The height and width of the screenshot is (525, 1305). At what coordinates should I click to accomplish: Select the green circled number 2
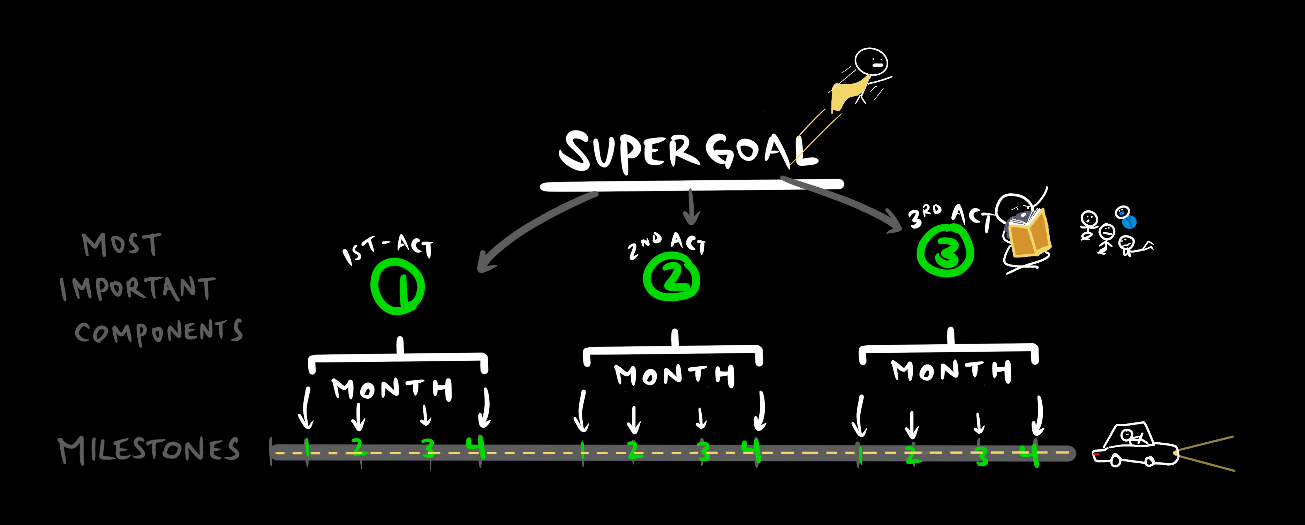(672, 276)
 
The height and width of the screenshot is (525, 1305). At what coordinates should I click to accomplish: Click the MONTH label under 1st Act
(392, 389)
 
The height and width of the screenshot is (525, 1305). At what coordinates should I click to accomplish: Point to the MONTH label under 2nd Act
(674, 375)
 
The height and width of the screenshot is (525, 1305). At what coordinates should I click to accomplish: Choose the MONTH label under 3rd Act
(951, 370)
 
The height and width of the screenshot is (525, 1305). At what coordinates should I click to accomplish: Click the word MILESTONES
(149, 450)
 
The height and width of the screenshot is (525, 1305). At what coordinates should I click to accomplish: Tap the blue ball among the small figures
(1129, 222)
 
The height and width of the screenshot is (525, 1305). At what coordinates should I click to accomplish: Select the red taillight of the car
(1095, 454)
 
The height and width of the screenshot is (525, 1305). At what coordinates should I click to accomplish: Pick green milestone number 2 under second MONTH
(633, 450)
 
